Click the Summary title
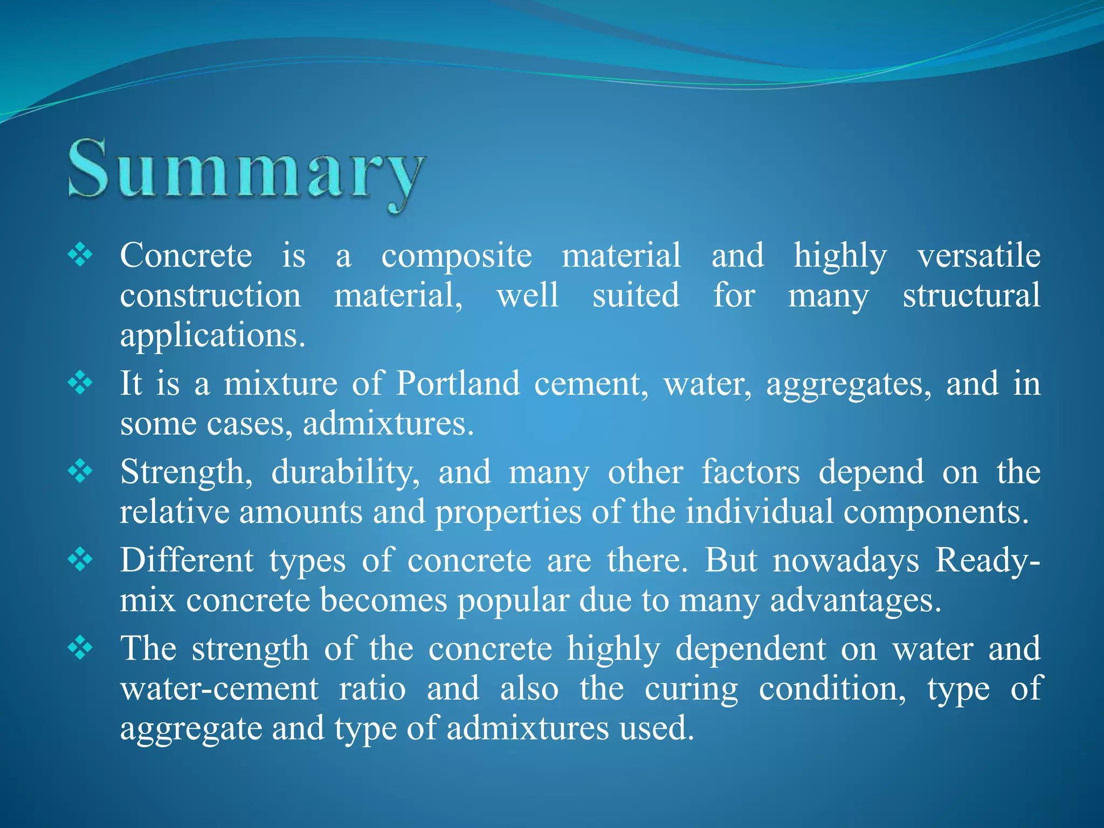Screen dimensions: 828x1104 tap(247, 171)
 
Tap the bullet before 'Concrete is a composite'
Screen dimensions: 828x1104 tap(80, 255)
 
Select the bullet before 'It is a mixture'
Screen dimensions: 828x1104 tap(80, 383)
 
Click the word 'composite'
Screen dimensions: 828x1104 tap(456, 256)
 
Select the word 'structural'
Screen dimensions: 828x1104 tap(971, 296)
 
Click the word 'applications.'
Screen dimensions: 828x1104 tap(212, 336)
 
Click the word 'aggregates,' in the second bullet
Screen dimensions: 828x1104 tap(848, 385)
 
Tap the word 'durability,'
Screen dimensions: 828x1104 tap(345, 473)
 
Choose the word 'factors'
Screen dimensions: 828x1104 tap(750, 472)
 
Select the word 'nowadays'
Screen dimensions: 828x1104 tap(846, 561)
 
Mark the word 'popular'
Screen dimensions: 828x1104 tap(513, 602)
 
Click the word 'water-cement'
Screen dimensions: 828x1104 tap(219, 689)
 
